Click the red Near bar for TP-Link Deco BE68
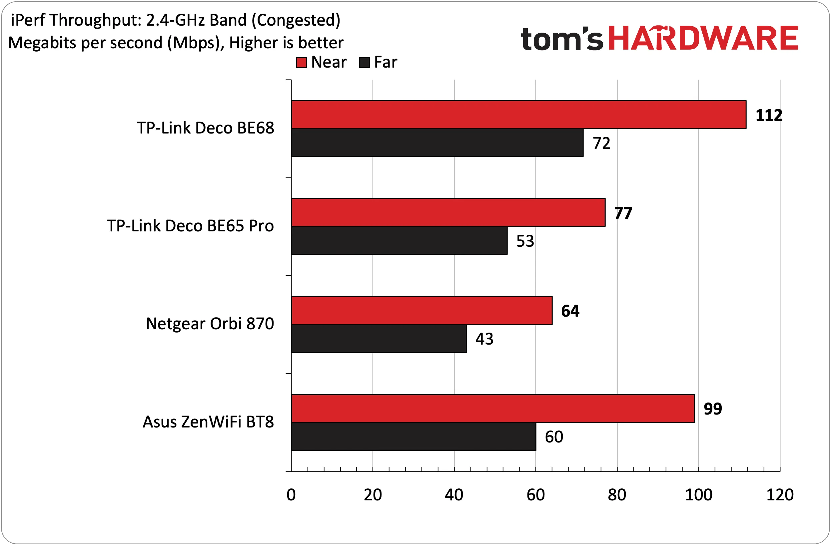point(519,115)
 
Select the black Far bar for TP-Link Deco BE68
point(437,143)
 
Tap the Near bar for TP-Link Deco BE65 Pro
point(448,212)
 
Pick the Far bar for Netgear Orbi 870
point(379,339)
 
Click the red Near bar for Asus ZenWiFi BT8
point(493,409)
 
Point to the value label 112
point(769,115)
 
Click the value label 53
point(525,241)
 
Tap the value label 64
point(570,311)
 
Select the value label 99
point(713,409)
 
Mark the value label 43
point(484,339)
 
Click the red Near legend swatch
point(301,63)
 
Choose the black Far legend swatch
point(365,63)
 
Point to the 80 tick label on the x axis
point(617,495)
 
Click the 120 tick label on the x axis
point(780,495)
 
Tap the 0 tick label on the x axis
point(291,495)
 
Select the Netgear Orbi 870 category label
point(210,324)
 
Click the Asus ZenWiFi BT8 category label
point(208,421)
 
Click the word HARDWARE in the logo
point(703,38)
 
